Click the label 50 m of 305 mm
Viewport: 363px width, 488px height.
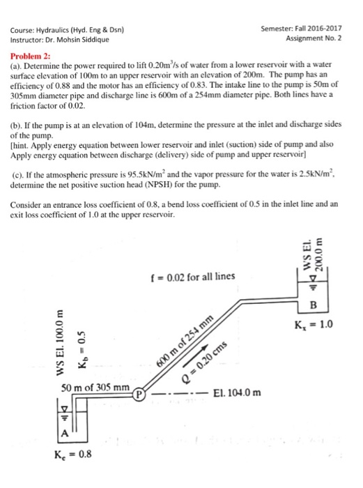click(95, 387)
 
